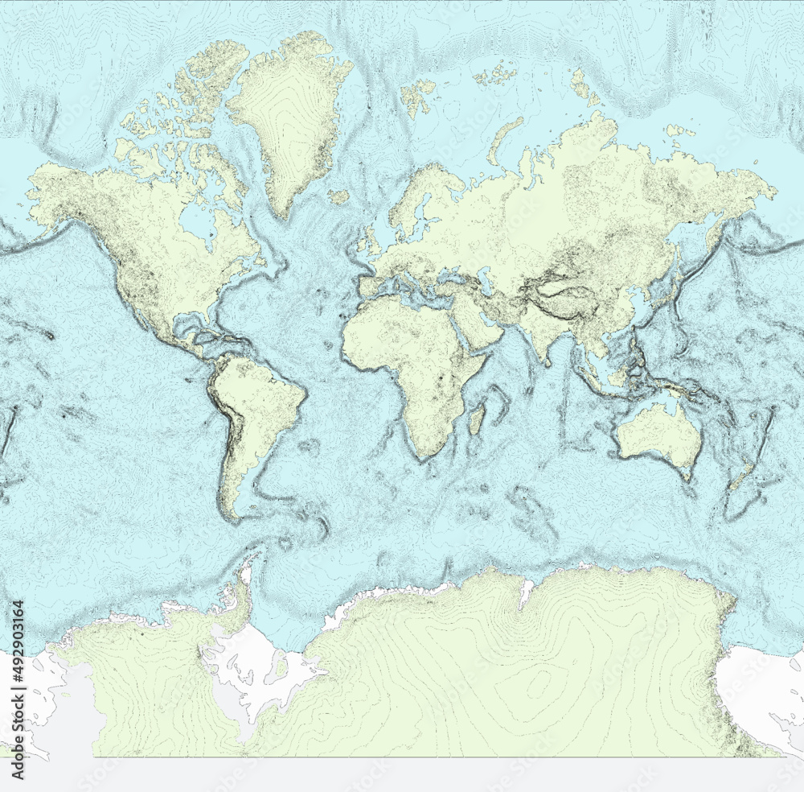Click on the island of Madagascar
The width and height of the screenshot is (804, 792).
[x=476, y=419]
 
